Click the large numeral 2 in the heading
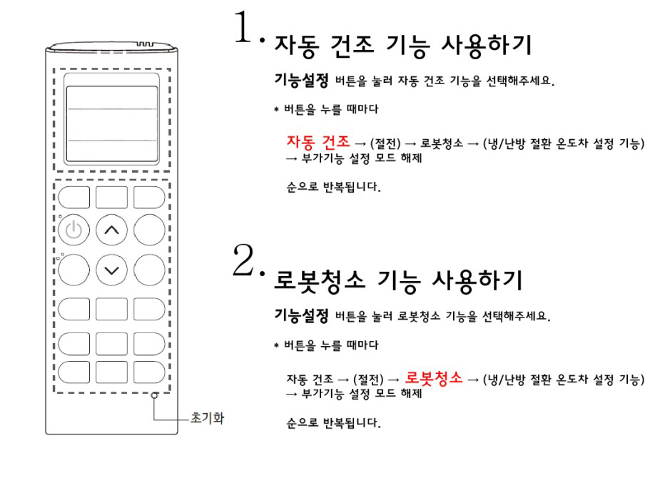(247, 262)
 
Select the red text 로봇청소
(434, 376)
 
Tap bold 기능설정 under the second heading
(301, 315)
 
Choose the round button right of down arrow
(149, 270)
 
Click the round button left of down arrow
(74, 270)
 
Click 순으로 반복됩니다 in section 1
(333, 188)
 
